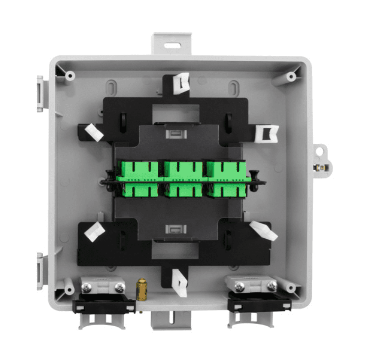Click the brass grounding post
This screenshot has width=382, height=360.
(x=142, y=289)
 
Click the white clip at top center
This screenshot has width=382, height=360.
(x=182, y=83)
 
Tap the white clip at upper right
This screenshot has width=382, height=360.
(x=267, y=134)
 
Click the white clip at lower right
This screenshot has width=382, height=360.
(x=264, y=231)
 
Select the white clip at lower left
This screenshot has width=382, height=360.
(x=94, y=231)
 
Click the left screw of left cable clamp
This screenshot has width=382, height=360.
(x=86, y=287)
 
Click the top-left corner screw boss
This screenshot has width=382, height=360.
(x=69, y=76)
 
